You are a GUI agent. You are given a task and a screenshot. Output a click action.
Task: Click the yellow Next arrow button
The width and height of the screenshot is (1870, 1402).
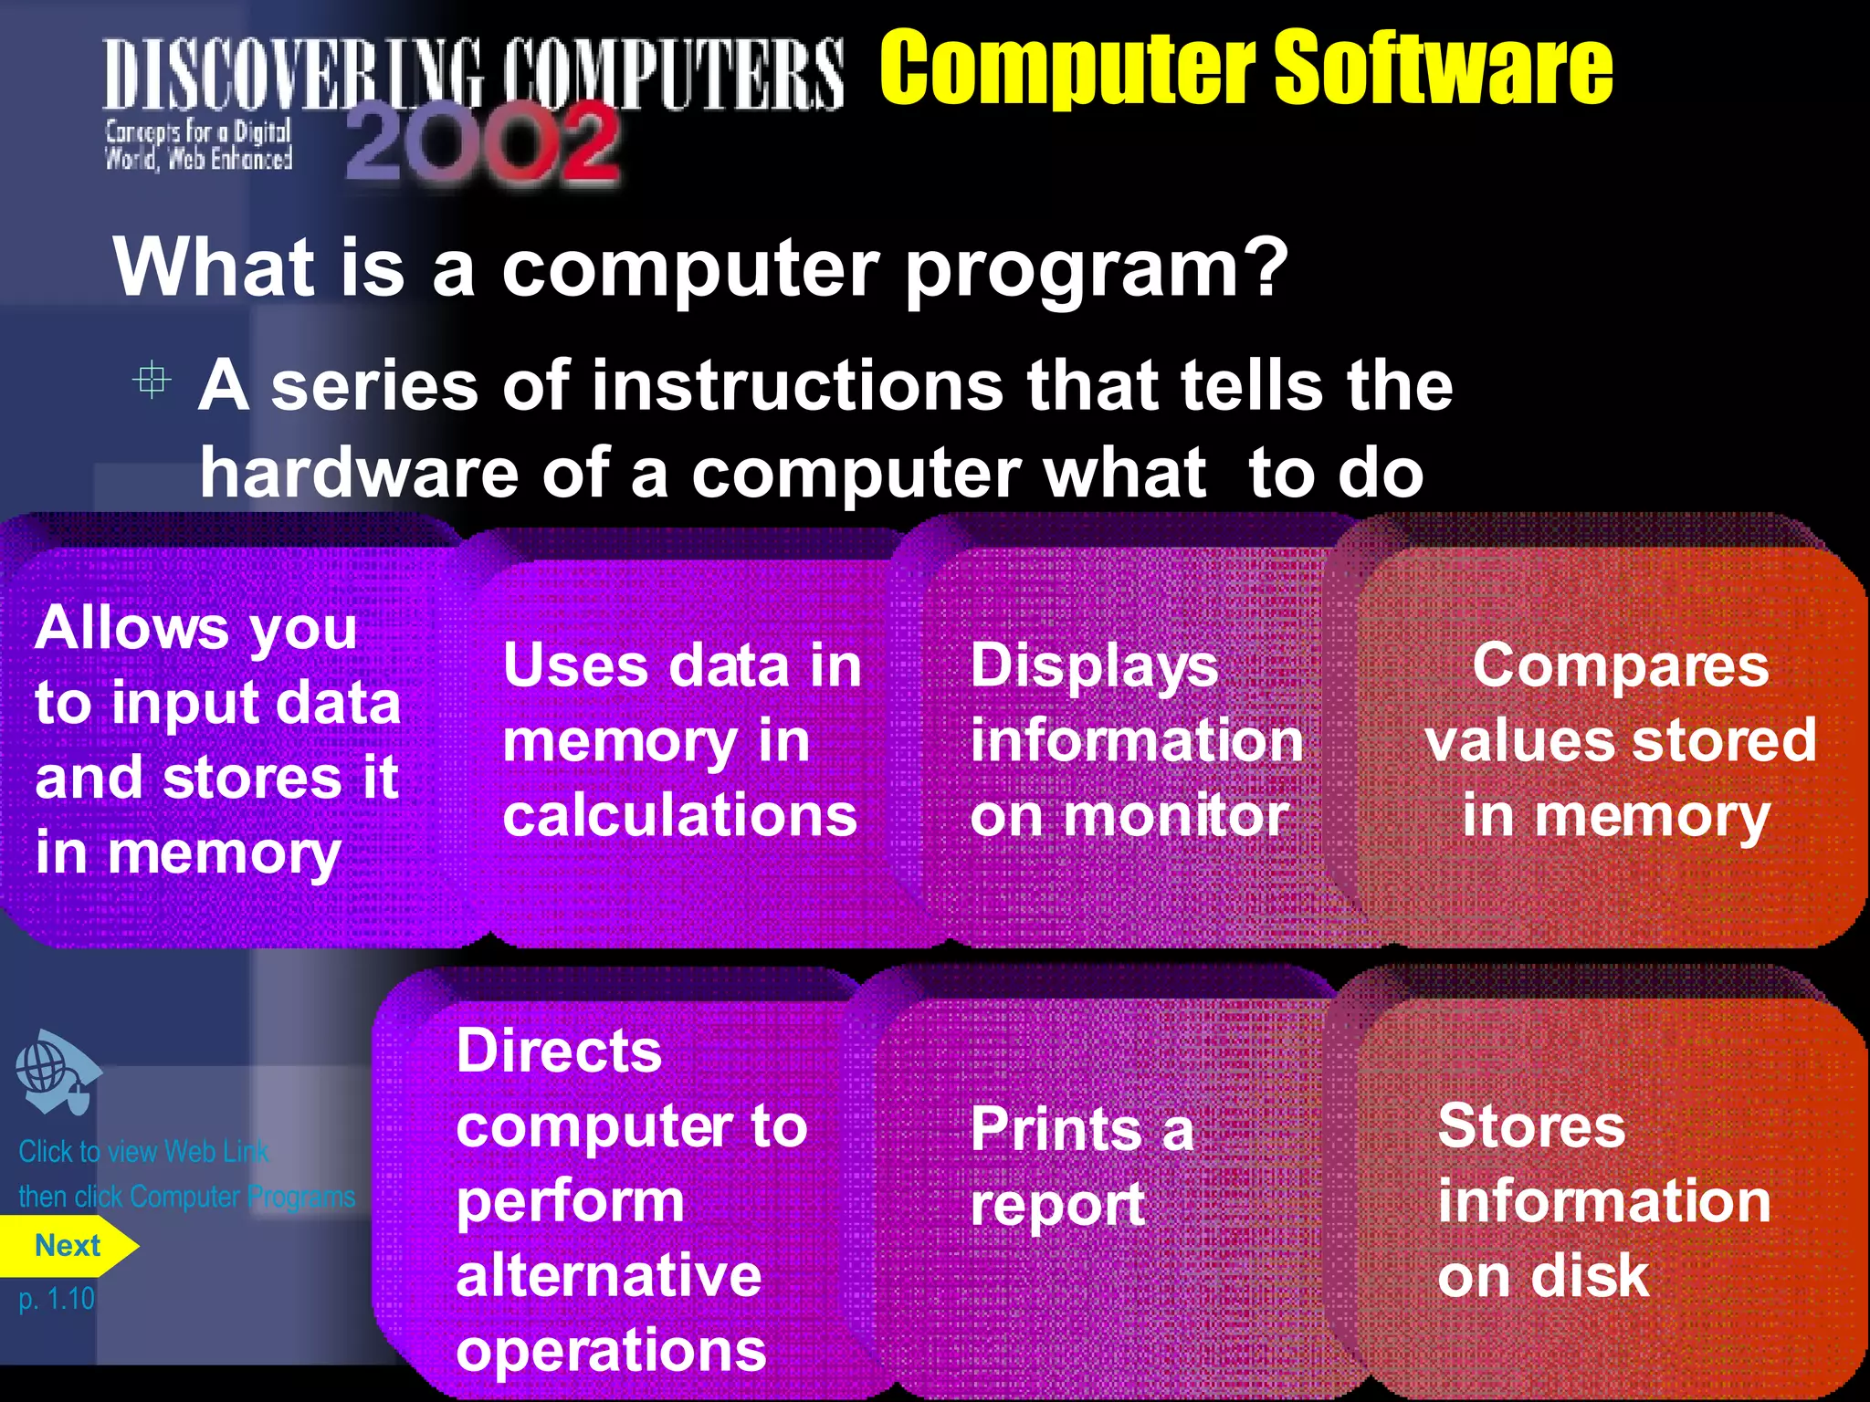click(68, 1246)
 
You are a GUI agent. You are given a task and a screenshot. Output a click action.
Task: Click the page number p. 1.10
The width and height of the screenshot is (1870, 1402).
click(57, 1299)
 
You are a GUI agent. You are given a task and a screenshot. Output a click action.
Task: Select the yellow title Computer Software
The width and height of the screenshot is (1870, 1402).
click(1245, 68)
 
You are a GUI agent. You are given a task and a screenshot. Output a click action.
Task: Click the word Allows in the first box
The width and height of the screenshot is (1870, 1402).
click(131, 629)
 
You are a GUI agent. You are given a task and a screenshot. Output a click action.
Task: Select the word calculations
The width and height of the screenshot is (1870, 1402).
click(679, 814)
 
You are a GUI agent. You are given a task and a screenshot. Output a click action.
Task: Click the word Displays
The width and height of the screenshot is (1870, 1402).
click(1094, 665)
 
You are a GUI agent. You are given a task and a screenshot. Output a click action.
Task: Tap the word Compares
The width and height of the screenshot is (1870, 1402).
click(1620, 665)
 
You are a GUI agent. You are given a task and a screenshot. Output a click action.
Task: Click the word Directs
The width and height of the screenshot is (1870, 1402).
click(559, 1051)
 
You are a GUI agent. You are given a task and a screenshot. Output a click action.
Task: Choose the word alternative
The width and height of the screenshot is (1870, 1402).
click(608, 1275)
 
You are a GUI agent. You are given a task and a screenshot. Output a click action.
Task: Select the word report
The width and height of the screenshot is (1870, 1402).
click(1057, 1205)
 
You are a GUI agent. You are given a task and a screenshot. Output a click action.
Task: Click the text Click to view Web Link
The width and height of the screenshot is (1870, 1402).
click(143, 1152)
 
